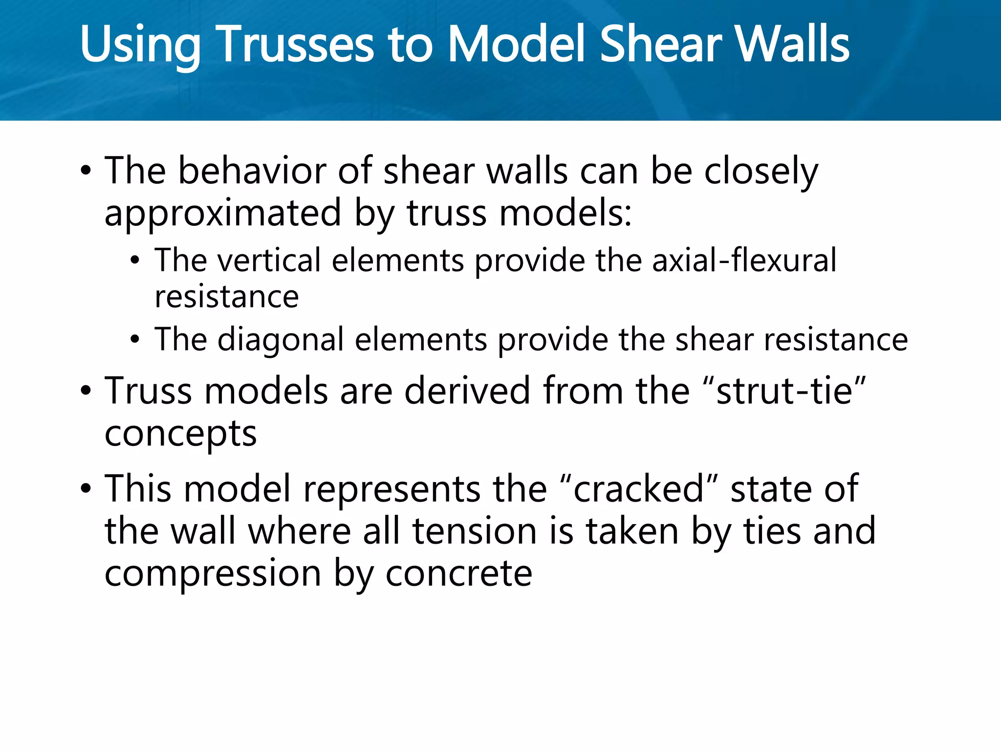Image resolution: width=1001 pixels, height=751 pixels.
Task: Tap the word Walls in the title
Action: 792,45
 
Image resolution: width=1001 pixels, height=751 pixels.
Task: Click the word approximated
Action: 223,214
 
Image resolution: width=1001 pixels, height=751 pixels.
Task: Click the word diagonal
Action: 281,340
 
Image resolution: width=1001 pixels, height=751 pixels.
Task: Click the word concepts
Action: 180,434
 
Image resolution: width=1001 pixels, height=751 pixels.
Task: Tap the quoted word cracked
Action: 638,489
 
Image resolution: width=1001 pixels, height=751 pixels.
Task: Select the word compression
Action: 213,574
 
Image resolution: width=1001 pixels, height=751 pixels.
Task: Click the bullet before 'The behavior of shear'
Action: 86,172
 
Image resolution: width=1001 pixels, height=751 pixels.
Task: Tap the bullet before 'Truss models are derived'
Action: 86,391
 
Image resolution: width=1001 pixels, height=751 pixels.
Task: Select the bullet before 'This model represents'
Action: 86,489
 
